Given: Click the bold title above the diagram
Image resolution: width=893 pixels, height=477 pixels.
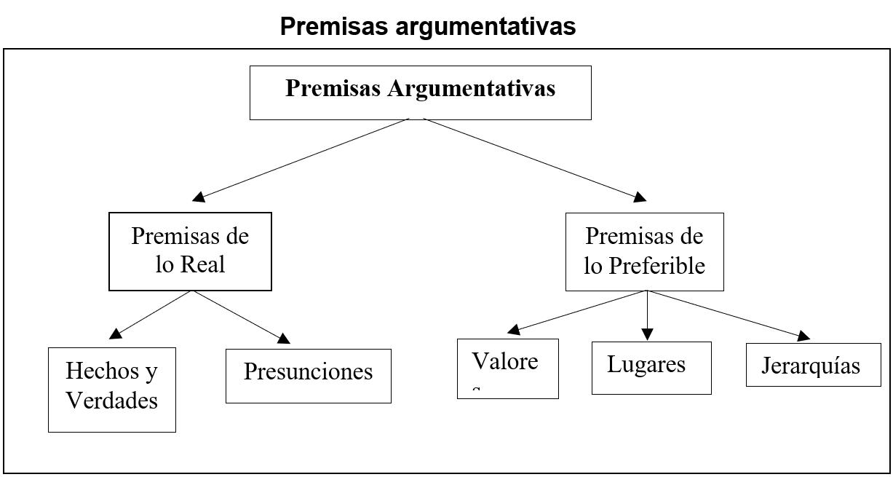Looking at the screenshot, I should tap(427, 26).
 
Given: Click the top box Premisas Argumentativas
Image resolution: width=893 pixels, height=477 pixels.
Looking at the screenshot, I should tap(420, 92).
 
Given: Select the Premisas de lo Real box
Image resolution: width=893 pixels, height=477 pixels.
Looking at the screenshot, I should tap(190, 251).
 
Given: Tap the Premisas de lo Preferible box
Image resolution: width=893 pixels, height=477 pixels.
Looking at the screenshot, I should tap(644, 251).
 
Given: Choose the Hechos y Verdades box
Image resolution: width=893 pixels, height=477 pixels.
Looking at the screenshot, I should tap(112, 389).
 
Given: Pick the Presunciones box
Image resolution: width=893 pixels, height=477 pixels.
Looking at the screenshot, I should tap(308, 375).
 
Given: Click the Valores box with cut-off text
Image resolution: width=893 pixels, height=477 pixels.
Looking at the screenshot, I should tap(507, 368).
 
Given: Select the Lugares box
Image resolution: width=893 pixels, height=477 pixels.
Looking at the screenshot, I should tap(651, 368).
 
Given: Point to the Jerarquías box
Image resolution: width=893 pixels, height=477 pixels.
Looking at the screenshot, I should tap(813, 364).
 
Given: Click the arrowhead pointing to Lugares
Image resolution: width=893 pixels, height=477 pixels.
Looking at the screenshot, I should tap(647, 334).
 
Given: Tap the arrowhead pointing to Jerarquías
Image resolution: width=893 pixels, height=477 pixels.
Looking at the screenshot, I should tap(803, 336).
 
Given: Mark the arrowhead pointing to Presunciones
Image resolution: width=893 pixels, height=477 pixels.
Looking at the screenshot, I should tap(283, 338).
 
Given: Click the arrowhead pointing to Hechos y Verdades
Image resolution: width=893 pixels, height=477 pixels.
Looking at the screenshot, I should tap(115, 334).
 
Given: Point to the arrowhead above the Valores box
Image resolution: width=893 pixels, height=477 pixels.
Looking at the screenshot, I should tap(514, 329).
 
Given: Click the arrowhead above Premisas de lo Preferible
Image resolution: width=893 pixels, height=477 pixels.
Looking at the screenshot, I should tap(639, 197).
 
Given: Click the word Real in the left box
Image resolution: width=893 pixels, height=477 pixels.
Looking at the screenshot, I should tap(203, 264).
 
